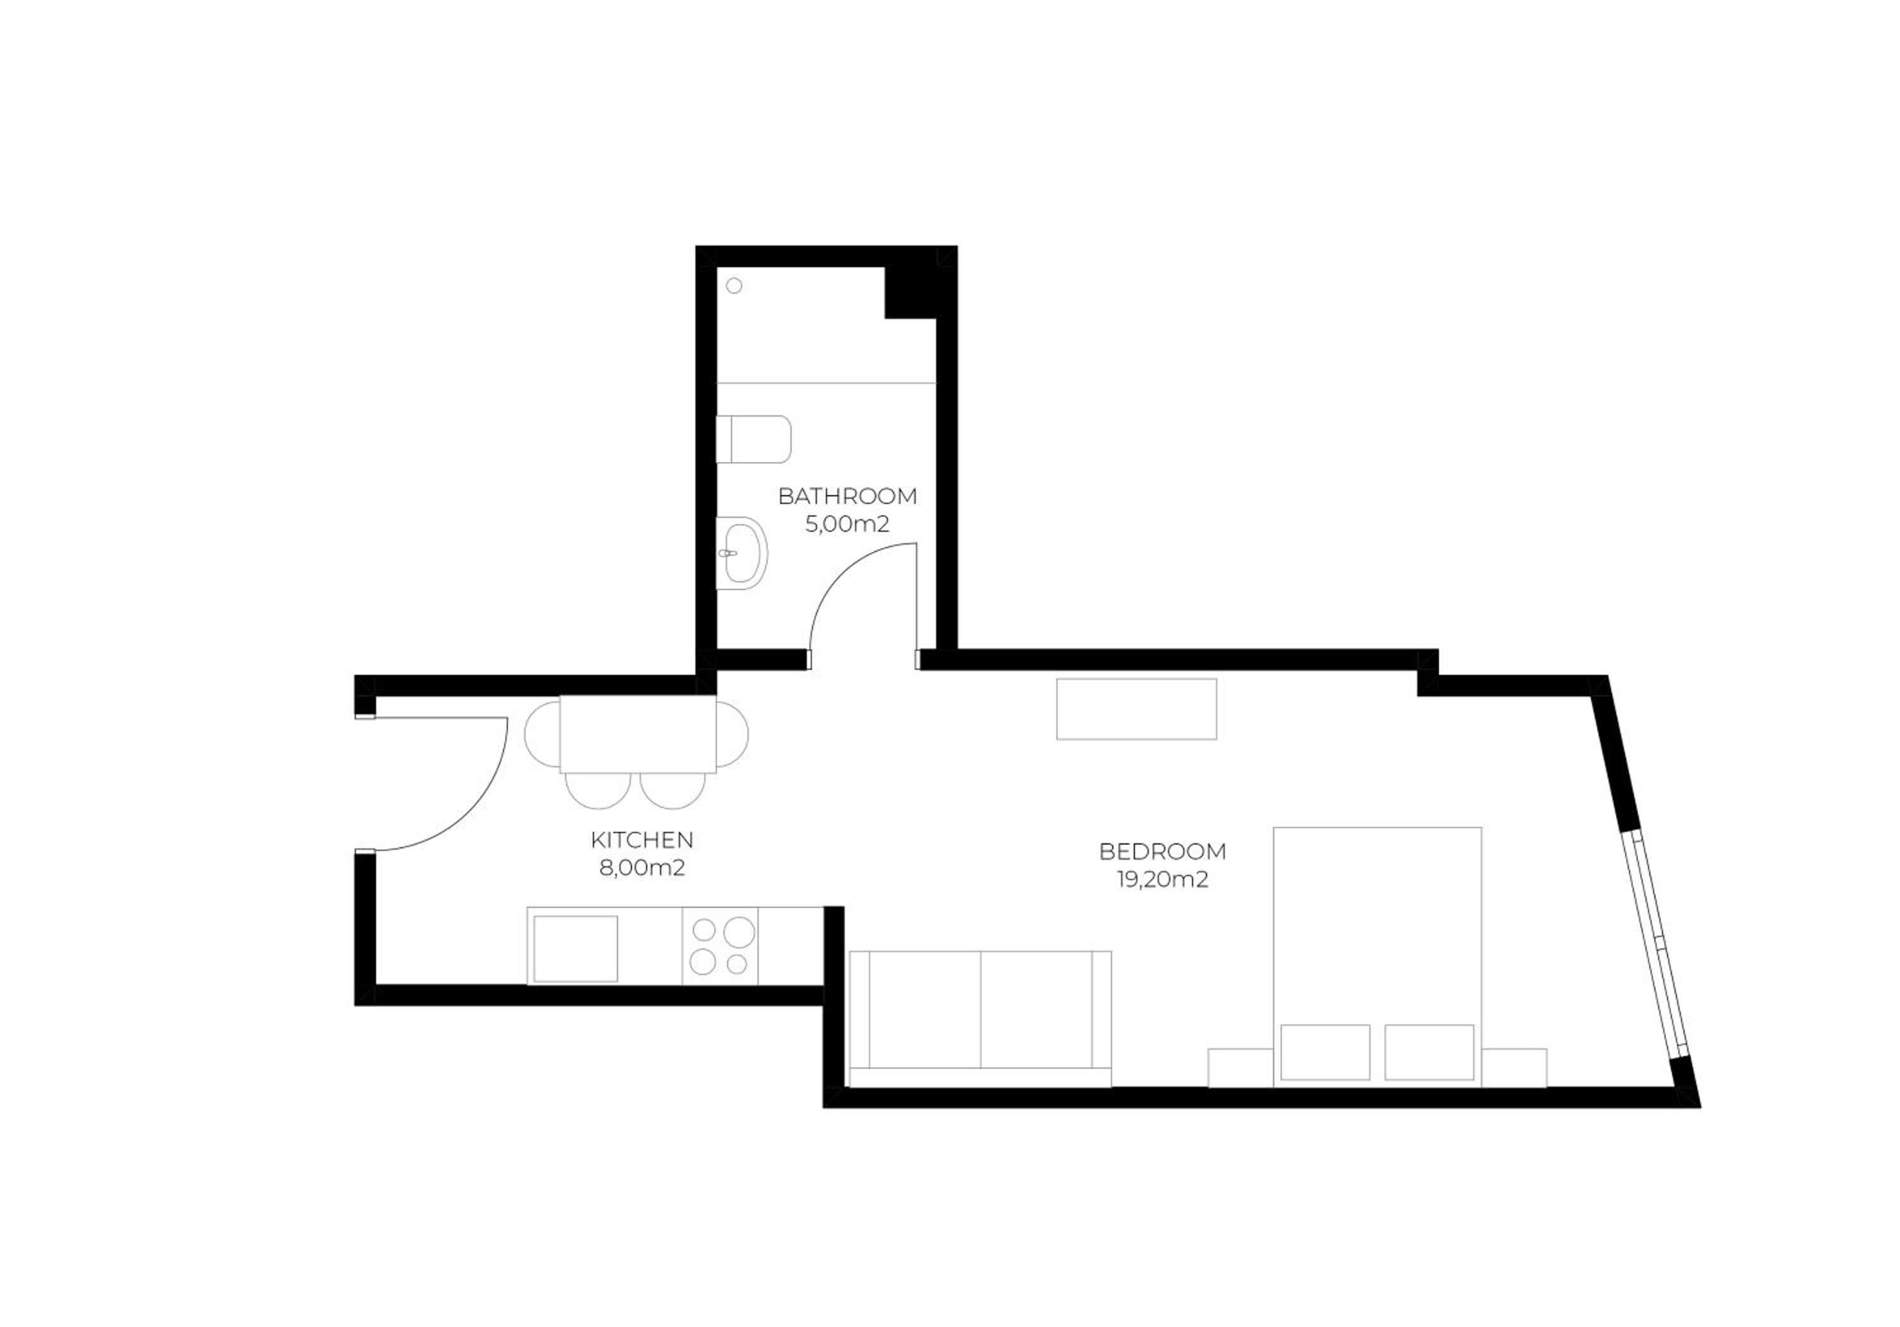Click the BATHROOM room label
847,496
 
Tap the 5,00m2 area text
847,524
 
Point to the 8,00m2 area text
642,868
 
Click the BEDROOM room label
1163,852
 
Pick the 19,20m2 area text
1163,879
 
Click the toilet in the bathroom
753,439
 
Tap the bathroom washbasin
742,553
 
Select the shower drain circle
734,286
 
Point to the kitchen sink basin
575,948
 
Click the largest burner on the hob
739,933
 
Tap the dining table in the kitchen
637,734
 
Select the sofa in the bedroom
980,1019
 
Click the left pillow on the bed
1325,1052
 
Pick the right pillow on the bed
1429,1052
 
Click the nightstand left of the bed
1241,1067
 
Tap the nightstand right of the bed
1514,1067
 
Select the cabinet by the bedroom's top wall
1136,709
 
